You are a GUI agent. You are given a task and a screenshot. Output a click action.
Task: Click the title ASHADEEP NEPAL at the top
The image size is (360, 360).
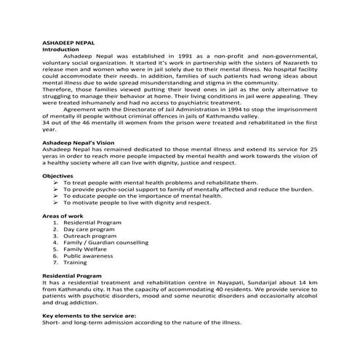[x=66, y=44]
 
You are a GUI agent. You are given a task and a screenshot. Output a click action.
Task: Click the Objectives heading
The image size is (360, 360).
[x=57, y=177]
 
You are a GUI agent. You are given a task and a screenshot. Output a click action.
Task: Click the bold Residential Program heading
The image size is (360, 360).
[x=71, y=276]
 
